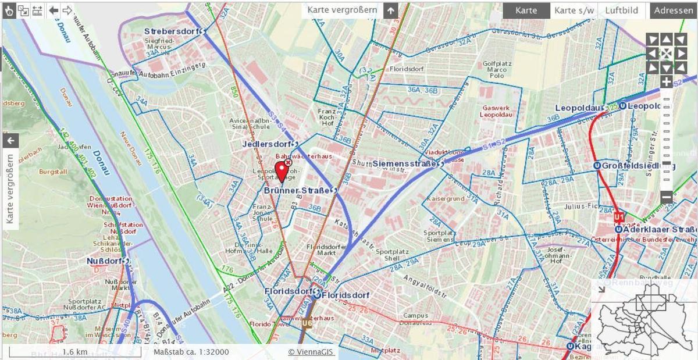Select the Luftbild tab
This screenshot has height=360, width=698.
[621, 10]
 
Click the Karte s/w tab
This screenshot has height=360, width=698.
[574, 10]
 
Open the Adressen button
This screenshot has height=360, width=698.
[674, 10]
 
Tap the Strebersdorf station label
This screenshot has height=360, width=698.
[172, 31]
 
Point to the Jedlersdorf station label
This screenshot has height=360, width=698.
[268, 144]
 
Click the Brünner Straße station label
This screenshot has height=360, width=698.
[297, 190]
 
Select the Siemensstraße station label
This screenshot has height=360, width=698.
[404, 164]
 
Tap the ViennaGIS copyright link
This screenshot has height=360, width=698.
[311, 352]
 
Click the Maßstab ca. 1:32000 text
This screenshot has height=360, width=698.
[191, 352]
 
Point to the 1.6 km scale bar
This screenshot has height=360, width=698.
[74, 352]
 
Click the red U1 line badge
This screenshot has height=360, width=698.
[618, 218]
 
